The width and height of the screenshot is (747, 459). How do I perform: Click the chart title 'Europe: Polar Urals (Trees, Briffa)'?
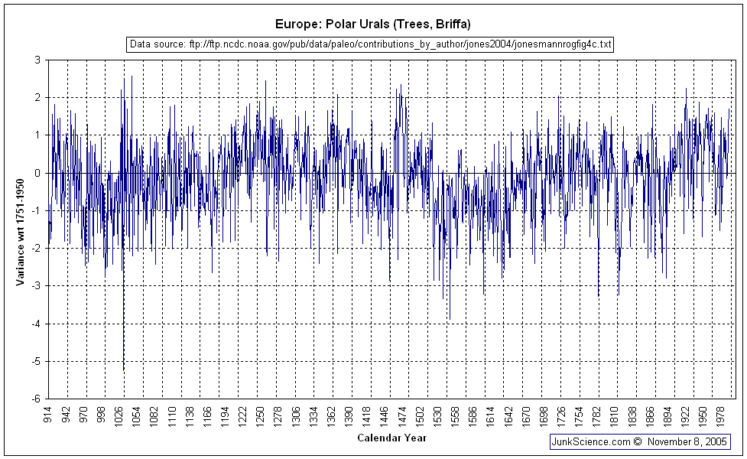pyautogui.click(x=374, y=24)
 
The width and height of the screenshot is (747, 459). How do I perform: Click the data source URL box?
pyautogui.click(x=371, y=44)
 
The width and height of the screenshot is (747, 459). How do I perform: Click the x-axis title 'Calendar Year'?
pyautogui.click(x=391, y=438)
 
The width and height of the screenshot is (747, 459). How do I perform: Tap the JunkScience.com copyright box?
pyautogui.click(x=640, y=441)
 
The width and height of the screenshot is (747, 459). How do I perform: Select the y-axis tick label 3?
pyautogui.click(x=37, y=60)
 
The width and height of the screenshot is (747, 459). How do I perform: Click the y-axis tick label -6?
pyautogui.click(x=35, y=399)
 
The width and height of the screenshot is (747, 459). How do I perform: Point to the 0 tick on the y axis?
pyautogui.click(x=37, y=173)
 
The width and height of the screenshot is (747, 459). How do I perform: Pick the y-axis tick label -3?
pyautogui.click(x=35, y=286)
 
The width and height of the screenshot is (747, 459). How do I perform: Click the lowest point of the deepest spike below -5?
pyautogui.click(x=124, y=372)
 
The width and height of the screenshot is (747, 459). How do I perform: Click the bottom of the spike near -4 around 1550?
pyautogui.click(x=450, y=319)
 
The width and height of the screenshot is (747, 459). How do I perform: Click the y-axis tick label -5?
pyautogui.click(x=35, y=361)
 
